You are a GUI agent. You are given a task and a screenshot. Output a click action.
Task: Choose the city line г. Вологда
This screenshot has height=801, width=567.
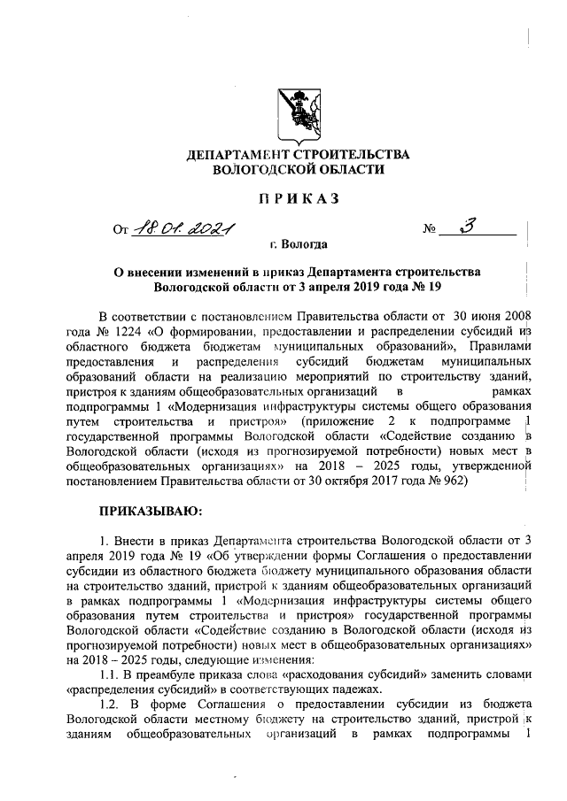click(x=299, y=244)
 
